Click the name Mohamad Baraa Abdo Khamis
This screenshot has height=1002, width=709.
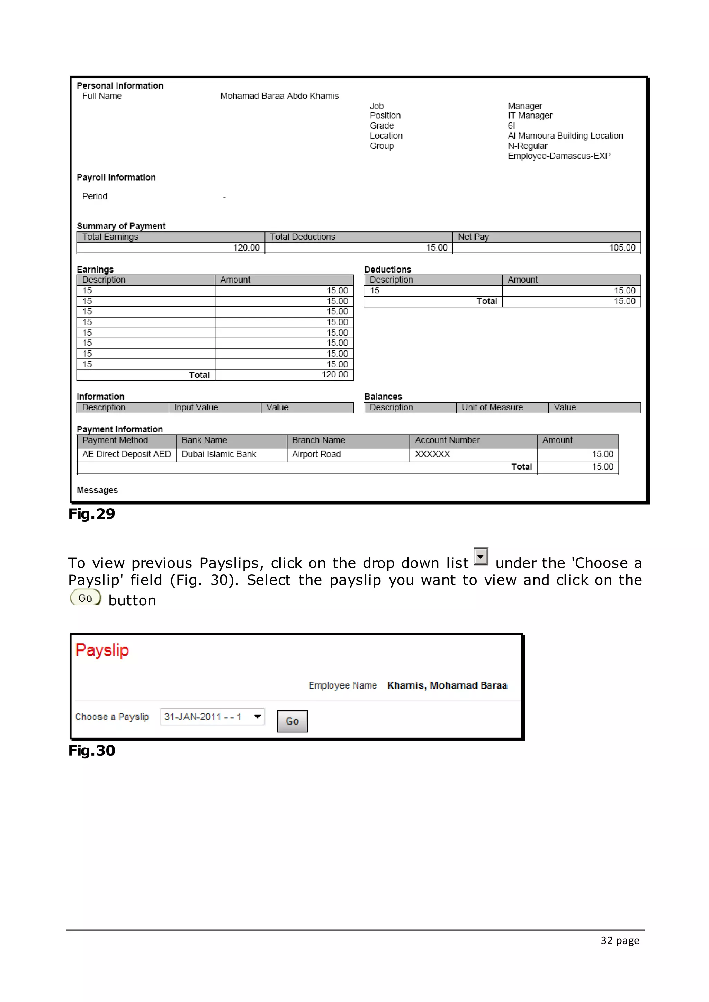(x=279, y=96)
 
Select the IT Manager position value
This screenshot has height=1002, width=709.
(x=530, y=116)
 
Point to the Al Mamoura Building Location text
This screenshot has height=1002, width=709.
(x=565, y=136)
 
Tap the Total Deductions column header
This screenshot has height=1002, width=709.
(x=303, y=237)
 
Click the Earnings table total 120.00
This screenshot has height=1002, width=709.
(x=334, y=375)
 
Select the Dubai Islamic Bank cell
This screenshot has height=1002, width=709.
(x=219, y=454)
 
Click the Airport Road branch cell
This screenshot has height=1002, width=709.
(x=316, y=454)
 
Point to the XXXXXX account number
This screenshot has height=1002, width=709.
(x=432, y=454)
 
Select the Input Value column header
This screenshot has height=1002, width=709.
(x=196, y=408)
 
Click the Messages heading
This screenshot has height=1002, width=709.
(x=97, y=490)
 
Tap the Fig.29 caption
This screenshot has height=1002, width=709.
(x=92, y=514)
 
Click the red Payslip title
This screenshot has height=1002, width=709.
(x=102, y=650)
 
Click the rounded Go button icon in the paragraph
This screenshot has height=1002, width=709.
(x=85, y=598)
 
